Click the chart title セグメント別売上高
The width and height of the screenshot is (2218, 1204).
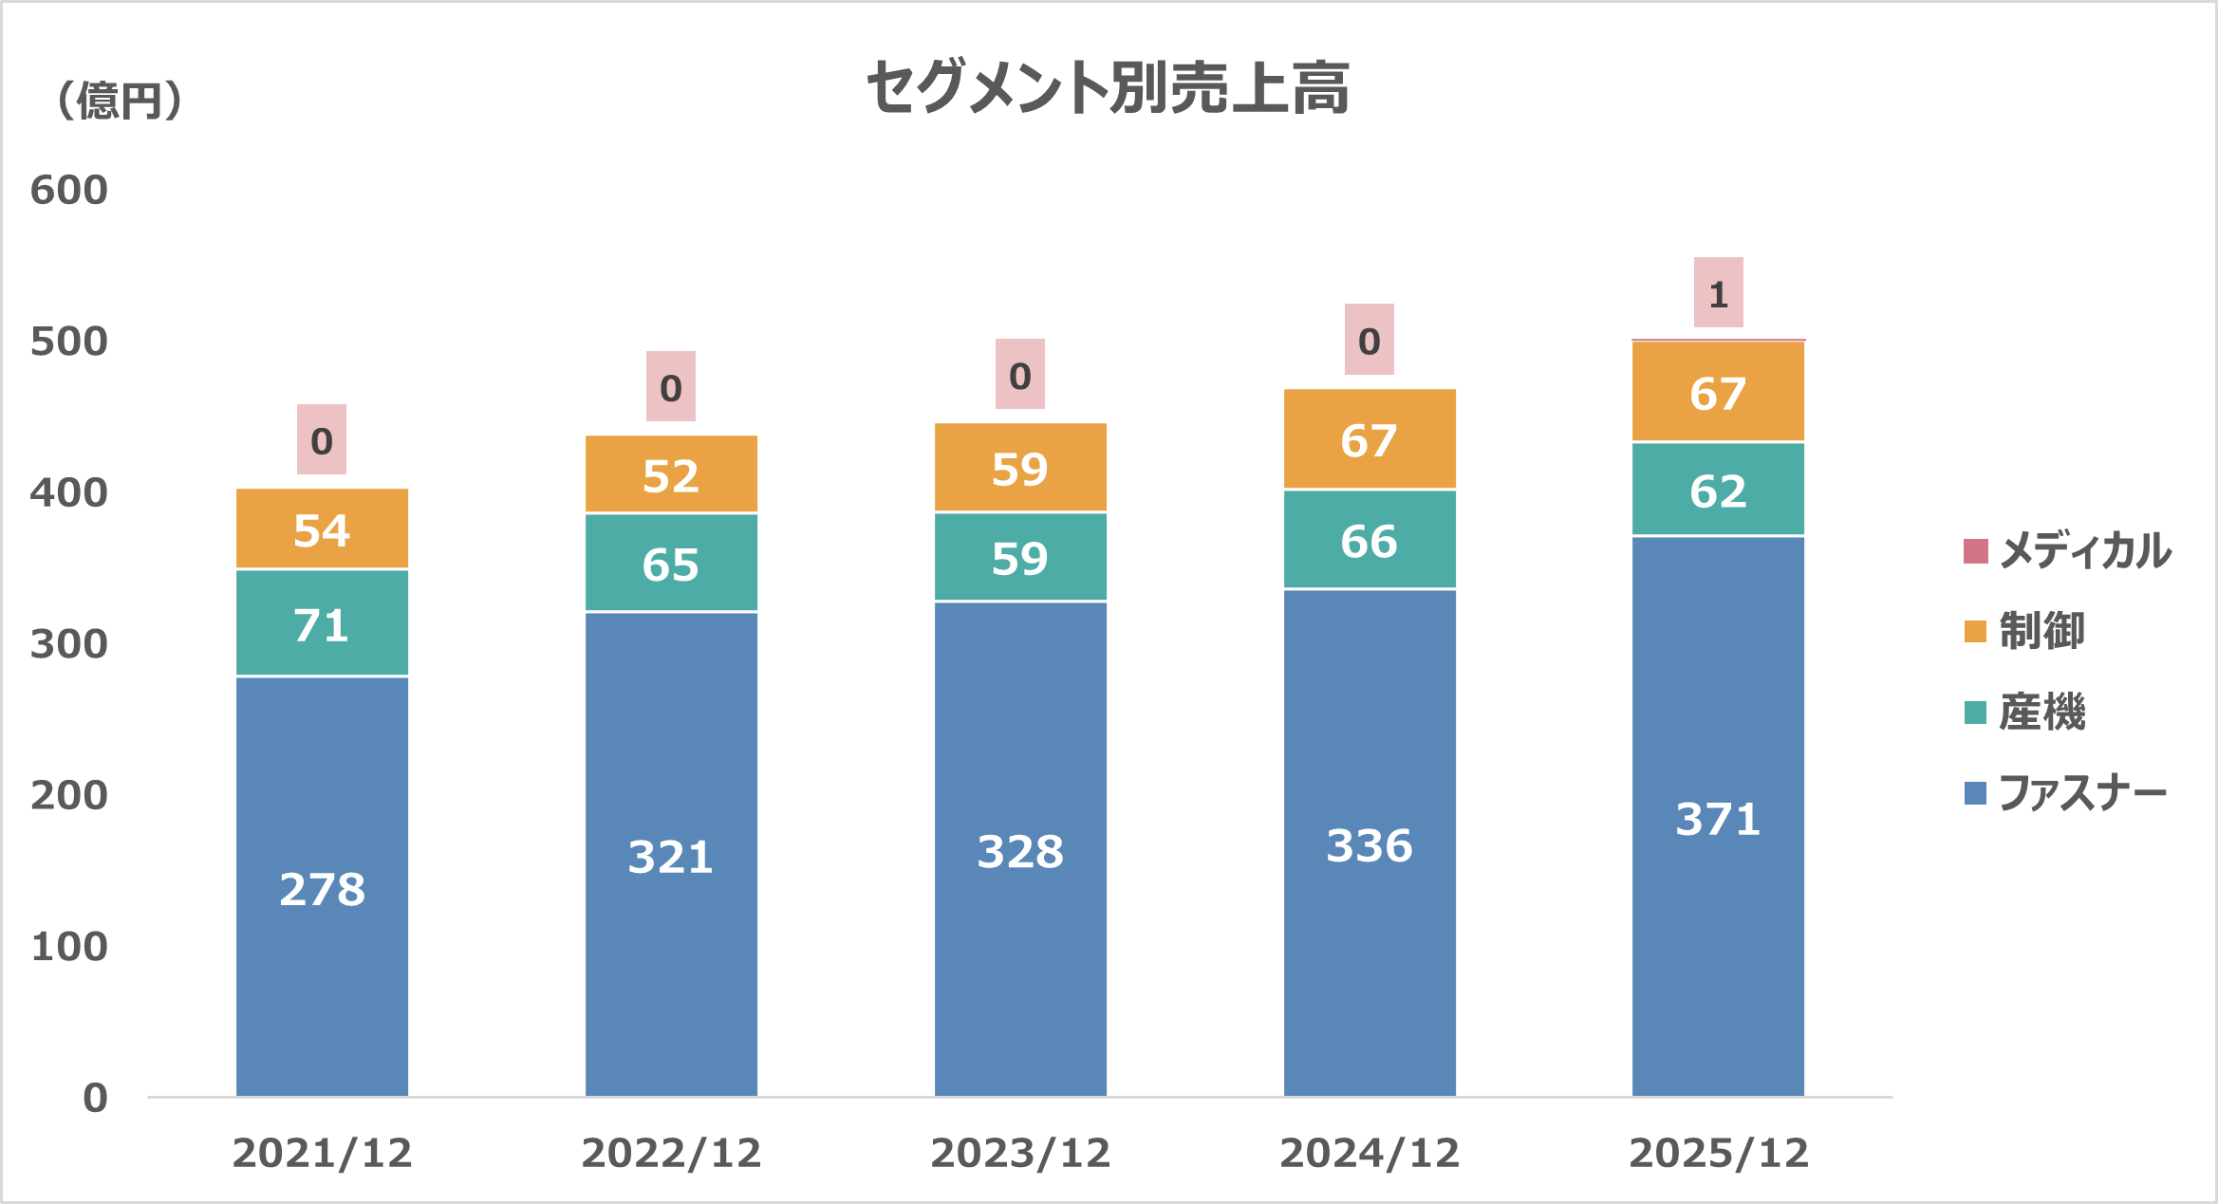pos(1108,87)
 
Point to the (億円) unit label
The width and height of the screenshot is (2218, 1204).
pos(120,101)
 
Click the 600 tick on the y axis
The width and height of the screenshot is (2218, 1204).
pos(69,191)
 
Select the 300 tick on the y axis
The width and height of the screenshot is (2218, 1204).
pos(69,644)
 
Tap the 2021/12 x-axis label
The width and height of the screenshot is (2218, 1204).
pos(322,1154)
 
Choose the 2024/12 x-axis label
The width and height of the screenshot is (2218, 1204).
pos(1369,1154)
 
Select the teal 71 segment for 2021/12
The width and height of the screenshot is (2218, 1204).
pos(322,623)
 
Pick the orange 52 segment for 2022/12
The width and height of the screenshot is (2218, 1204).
pos(671,474)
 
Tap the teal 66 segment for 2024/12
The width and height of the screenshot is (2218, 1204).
pos(1369,540)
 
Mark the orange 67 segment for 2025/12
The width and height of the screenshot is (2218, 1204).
pos(1718,392)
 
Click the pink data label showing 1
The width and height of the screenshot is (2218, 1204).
pos(1718,293)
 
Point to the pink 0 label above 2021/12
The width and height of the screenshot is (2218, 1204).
pos(322,439)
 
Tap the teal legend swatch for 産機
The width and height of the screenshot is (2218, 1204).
pos(1975,713)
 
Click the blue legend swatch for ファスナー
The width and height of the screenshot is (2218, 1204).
pos(1975,793)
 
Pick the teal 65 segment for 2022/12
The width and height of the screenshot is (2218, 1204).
pos(671,564)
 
